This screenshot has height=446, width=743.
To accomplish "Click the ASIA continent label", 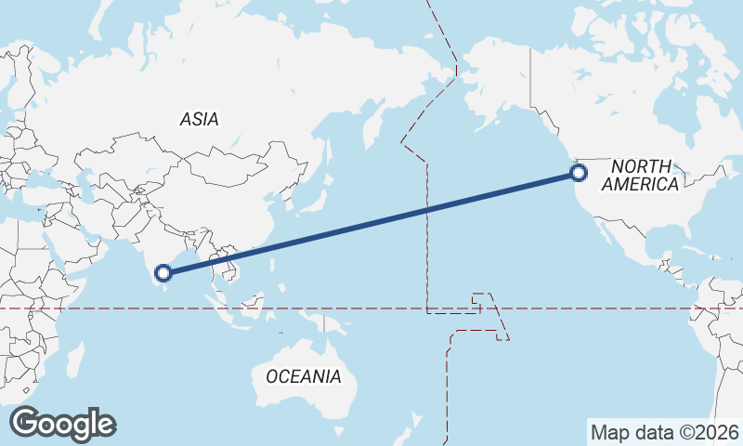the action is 200,119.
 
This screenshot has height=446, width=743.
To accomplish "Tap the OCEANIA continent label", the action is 303,376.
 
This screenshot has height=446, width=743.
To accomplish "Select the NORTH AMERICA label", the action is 641,176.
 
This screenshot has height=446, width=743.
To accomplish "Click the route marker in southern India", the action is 163,272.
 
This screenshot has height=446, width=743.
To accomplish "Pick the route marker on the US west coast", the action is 579,172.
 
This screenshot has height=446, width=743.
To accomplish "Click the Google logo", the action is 63,424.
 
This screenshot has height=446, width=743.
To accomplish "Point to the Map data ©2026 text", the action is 665,432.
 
